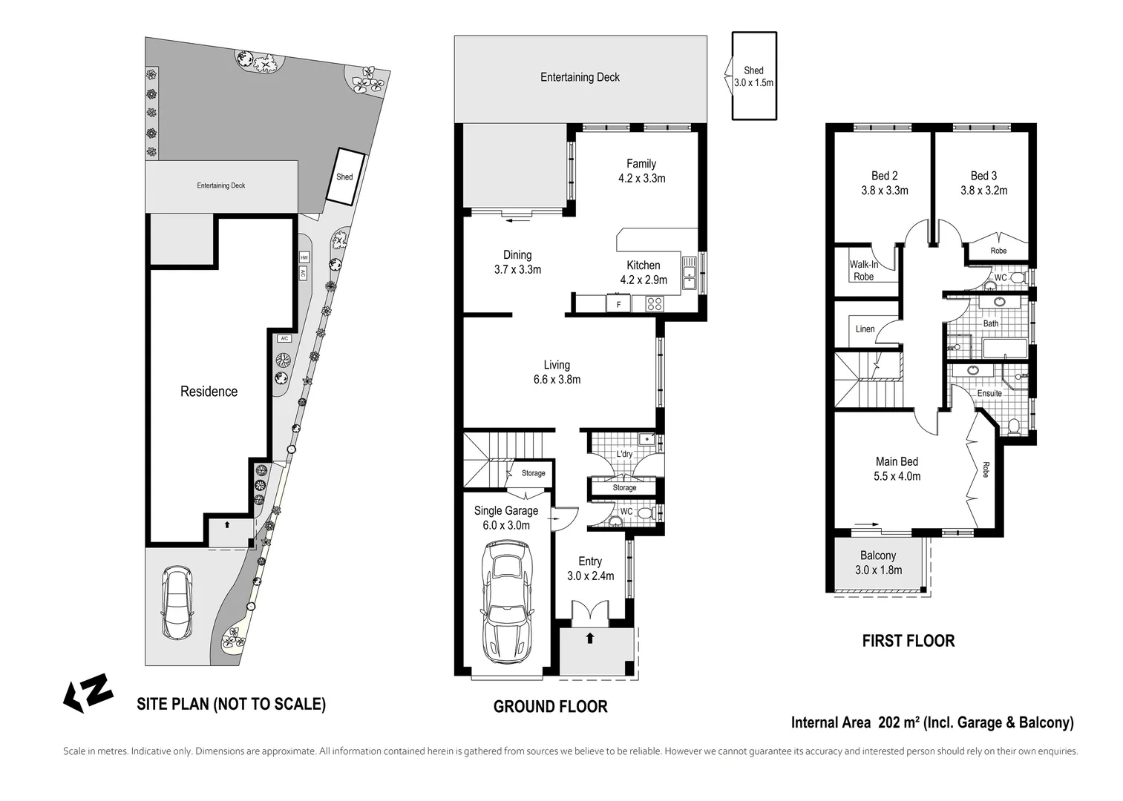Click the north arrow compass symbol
[x=88, y=693]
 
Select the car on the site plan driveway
[x=178, y=603]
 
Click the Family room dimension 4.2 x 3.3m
[x=641, y=178]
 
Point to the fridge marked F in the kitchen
[x=618, y=303]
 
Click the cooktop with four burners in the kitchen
[x=654, y=303]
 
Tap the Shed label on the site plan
[x=344, y=177]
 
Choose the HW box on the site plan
[x=304, y=257]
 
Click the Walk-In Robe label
[x=864, y=271]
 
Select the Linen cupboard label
[x=865, y=329]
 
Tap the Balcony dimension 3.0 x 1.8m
[x=878, y=570]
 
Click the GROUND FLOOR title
[x=550, y=707]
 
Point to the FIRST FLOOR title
[x=908, y=641]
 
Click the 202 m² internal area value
[x=900, y=722]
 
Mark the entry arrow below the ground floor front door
[x=590, y=638]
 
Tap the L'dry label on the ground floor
[x=624, y=454]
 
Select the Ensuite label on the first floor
[x=989, y=393]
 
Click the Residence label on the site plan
[x=209, y=392]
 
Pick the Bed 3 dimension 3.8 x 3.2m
[x=983, y=190]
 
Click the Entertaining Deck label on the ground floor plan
[x=580, y=77]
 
